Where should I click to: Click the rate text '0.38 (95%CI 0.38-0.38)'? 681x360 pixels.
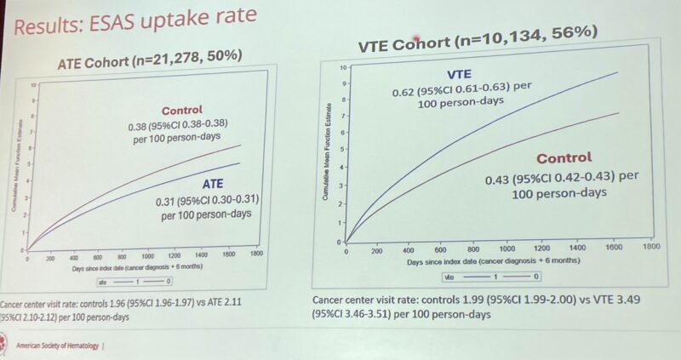[x=180, y=126]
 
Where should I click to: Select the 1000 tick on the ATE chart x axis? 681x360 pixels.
[x=147, y=255]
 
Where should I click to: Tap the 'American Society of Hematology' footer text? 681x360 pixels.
[x=57, y=346]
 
